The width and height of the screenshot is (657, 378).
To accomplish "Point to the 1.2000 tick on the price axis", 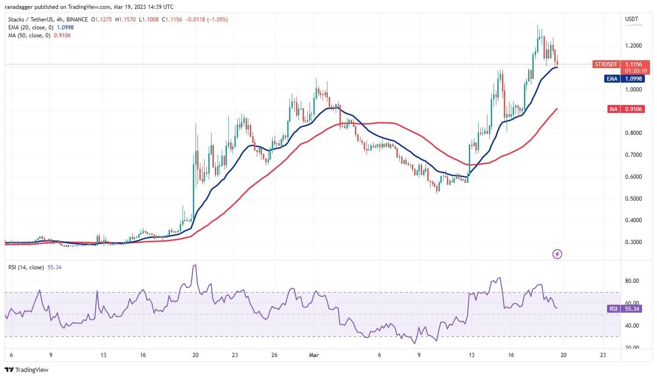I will pyautogui.click(x=633, y=46).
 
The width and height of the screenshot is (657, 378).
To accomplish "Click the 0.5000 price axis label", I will pyautogui.click(x=633, y=198).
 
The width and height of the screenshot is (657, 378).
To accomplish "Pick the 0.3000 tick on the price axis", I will pyautogui.click(x=633, y=242).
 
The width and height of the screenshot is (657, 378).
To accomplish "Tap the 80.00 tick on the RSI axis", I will pyautogui.click(x=632, y=281).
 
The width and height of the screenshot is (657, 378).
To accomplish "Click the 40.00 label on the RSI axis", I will pyautogui.click(x=632, y=326).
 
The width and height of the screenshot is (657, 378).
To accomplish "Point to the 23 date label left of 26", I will pyautogui.click(x=235, y=354).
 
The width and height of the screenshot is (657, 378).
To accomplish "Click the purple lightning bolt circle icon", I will pyautogui.click(x=557, y=254).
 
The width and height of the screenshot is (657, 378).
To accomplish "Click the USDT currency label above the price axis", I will pyautogui.click(x=631, y=19).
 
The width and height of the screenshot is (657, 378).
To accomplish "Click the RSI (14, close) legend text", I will pyautogui.click(x=26, y=267).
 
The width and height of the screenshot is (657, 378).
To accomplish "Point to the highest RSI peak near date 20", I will pyautogui.click(x=195, y=265).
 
